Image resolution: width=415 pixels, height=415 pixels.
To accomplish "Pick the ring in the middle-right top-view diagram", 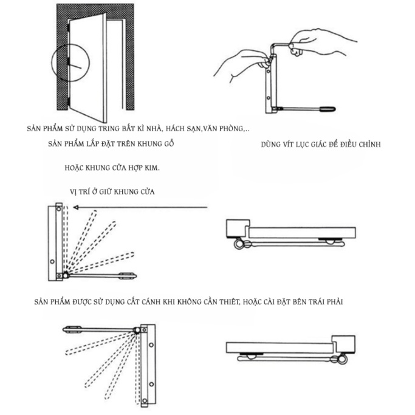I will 238,244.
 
